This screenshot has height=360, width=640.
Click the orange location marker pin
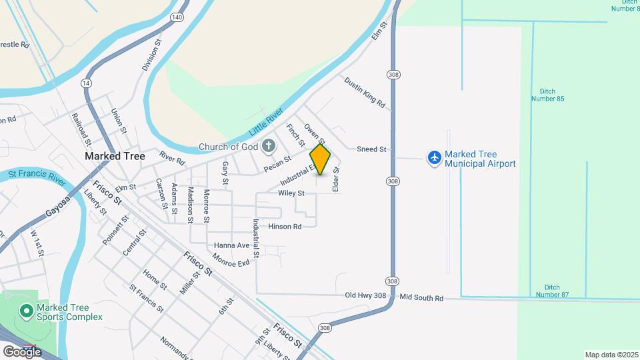coord(320,159)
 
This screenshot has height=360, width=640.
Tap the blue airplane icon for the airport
coord(435,158)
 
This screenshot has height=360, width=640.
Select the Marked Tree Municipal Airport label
coord(480,158)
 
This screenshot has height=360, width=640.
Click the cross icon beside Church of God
coord(268,145)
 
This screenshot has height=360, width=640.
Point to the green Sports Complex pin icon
coord(26,311)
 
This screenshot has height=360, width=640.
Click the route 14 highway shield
coord(86,83)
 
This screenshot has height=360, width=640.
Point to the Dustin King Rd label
coord(365,92)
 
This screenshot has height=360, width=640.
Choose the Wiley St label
coord(291,193)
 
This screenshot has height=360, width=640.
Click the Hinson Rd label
coord(285,227)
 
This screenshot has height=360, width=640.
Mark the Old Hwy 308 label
coord(365,295)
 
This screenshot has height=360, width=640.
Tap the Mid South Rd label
coord(421,298)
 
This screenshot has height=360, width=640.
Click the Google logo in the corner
coord(22,351)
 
